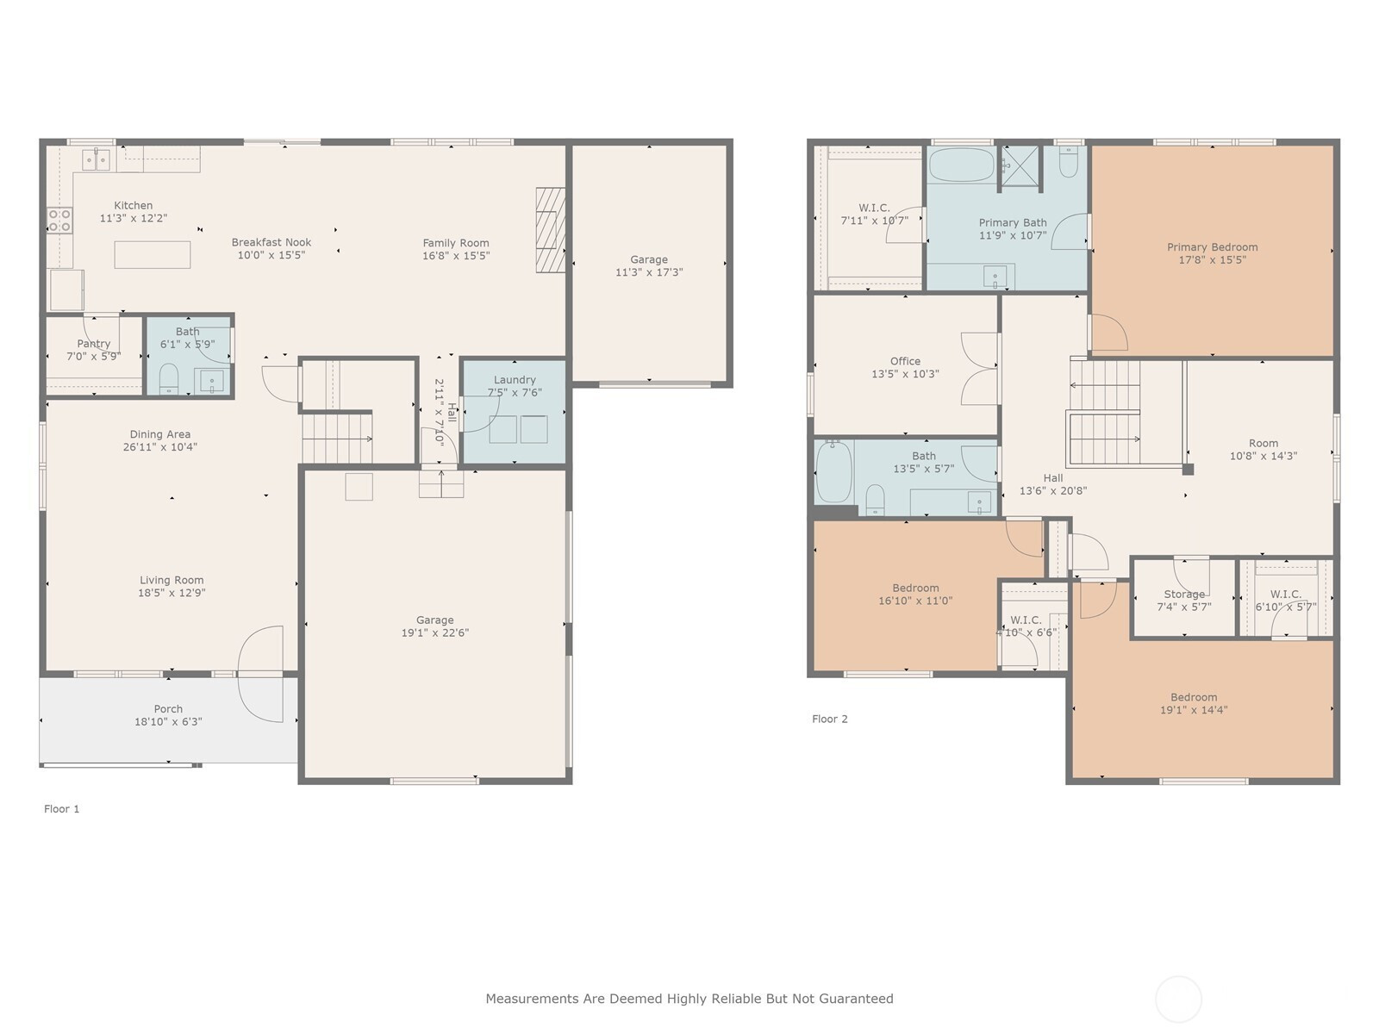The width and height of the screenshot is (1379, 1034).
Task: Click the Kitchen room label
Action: point(133,205)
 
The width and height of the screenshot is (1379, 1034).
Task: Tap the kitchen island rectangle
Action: point(153,255)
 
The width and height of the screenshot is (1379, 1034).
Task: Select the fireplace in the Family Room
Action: point(550,230)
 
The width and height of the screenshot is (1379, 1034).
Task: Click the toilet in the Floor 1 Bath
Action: point(169,378)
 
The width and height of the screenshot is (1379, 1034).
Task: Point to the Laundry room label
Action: point(515,380)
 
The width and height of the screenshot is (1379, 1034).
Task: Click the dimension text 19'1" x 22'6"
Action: point(434,632)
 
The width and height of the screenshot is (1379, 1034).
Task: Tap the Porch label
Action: point(168,709)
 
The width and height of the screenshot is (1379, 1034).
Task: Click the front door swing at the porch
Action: point(261,674)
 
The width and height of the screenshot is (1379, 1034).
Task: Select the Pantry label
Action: point(93,344)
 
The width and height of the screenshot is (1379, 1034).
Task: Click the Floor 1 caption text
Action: point(61,809)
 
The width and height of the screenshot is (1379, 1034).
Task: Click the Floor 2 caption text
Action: point(829,719)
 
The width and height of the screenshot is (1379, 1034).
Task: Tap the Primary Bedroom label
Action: point(1212,247)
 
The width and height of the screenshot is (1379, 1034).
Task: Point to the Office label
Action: point(905,361)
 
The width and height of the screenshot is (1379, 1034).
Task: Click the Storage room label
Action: point(1183,595)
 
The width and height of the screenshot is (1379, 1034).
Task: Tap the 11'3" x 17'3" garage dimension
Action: point(648,272)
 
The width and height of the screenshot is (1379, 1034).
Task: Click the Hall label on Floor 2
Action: point(1052,478)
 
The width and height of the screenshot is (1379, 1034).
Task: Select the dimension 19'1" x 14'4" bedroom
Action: point(1193,710)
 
